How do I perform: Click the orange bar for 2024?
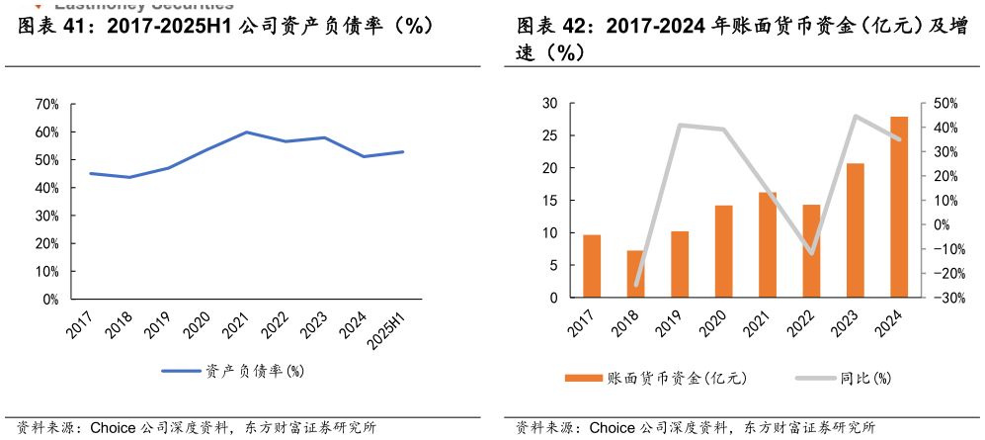click(x=899, y=207)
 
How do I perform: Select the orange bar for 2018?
click(x=635, y=274)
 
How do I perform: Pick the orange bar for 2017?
click(x=592, y=266)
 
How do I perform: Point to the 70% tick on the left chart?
click(x=46, y=104)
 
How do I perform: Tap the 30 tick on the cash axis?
click(x=550, y=104)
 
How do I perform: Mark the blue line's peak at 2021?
click(x=246, y=132)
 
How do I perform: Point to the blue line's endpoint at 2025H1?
click(x=403, y=151)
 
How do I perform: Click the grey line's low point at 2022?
click(x=811, y=254)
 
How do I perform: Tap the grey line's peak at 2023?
click(x=856, y=117)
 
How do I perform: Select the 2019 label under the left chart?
click(x=158, y=325)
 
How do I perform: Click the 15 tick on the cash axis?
click(x=550, y=201)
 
